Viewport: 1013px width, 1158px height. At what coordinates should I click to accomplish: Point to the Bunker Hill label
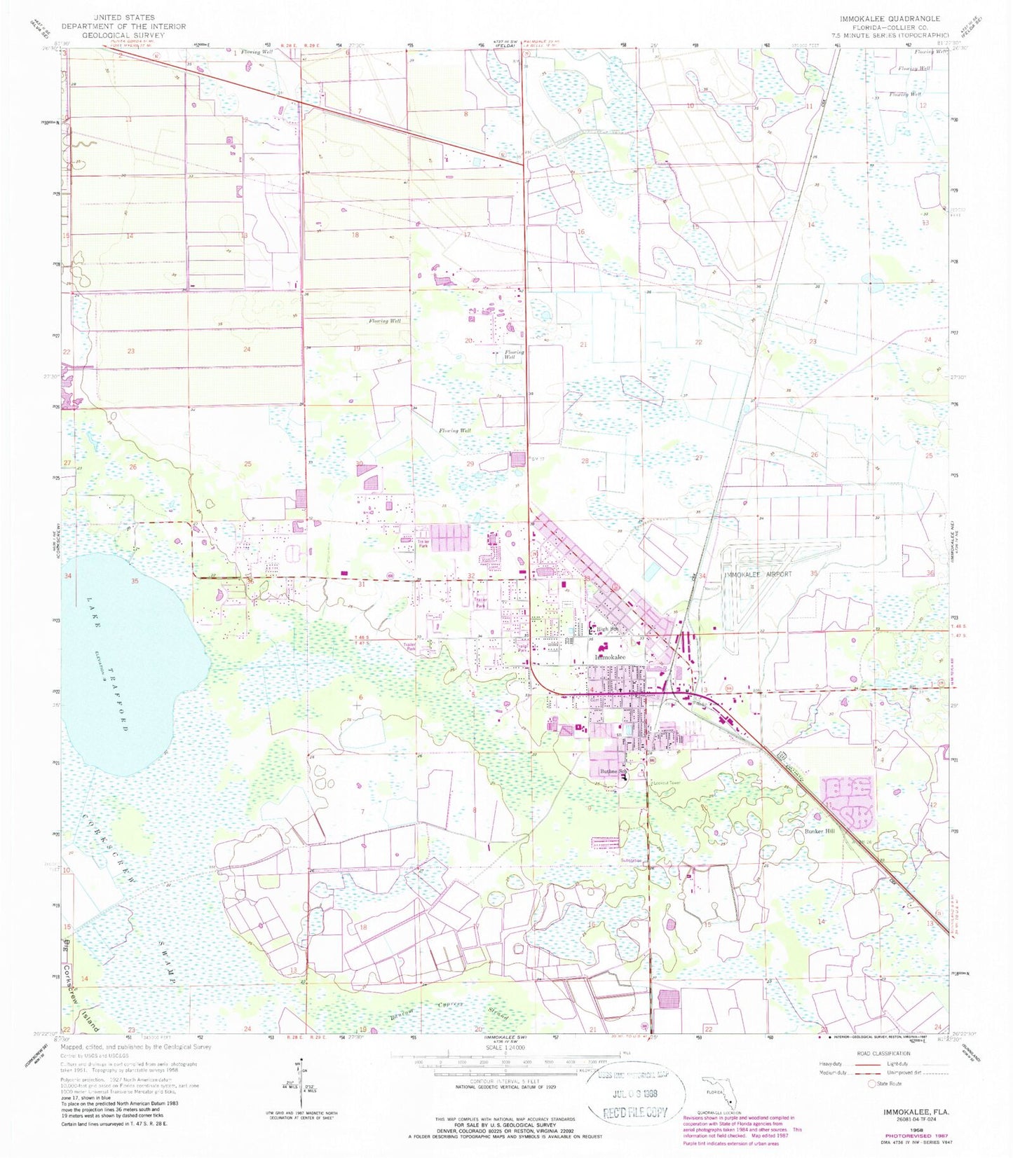click(x=818, y=831)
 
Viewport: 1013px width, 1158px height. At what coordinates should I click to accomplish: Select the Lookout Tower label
click(x=666, y=783)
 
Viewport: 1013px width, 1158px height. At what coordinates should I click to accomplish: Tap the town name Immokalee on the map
click(x=610, y=657)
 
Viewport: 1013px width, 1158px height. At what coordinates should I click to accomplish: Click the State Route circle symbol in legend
click(x=873, y=1084)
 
